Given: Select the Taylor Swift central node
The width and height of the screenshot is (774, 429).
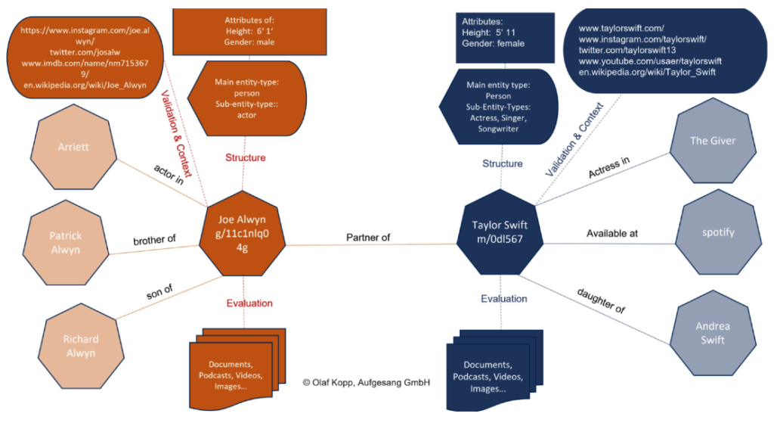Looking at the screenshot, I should [500, 232].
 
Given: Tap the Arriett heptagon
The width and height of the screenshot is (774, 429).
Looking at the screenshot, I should [73, 148].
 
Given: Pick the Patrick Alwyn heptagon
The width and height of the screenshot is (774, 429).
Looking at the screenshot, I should [66, 243].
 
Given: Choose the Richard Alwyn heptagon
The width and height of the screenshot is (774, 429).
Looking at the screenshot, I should [80, 346].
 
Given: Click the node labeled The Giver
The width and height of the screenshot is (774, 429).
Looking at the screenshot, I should [712, 141].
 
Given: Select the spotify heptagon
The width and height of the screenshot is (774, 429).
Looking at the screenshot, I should [717, 232].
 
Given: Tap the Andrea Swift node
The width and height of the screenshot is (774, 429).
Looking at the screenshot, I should [712, 333].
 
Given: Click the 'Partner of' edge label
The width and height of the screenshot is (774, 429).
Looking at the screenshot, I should [368, 238].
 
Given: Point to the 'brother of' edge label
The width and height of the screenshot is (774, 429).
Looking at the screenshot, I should [154, 239].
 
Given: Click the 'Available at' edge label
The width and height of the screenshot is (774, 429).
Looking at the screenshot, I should [612, 233].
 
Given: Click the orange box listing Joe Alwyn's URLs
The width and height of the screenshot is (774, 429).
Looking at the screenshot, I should [76, 59].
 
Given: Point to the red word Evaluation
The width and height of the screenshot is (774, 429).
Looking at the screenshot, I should [249, 303].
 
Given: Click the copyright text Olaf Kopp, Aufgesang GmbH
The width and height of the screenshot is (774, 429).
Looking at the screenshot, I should [366, 383].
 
